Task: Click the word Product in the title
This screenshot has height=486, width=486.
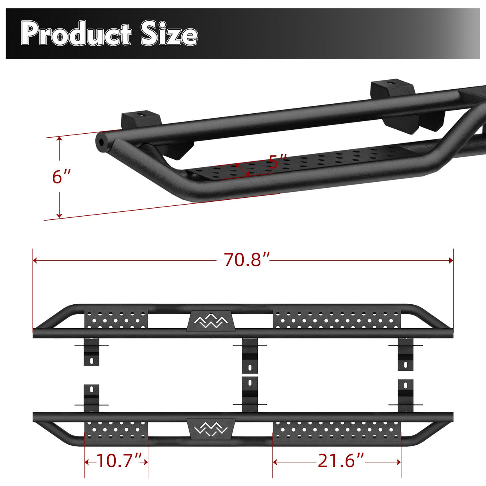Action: pos(76,34)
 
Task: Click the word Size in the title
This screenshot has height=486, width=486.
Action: pos(169,34)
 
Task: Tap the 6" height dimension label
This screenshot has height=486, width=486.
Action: pos(61,177)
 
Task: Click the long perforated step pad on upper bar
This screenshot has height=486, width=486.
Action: pos(337,319)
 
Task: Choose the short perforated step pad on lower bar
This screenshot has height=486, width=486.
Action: pos(116,430)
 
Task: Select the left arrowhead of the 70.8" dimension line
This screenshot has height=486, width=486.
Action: pos(35,261)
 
